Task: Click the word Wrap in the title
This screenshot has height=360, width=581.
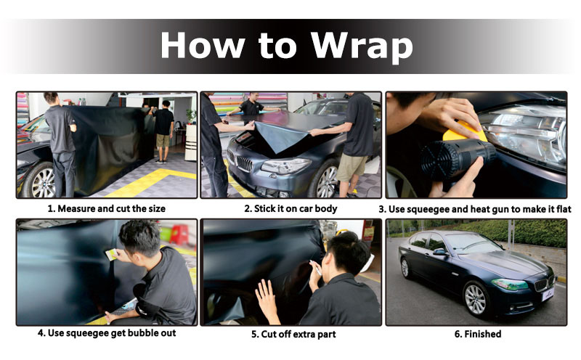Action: click(362, 46)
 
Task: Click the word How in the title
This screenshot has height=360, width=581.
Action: click(203, 45)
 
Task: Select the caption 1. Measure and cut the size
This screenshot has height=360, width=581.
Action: click(106, 208)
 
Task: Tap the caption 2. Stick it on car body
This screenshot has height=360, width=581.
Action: click(290, 208)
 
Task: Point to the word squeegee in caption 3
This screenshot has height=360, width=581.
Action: click(427, 210)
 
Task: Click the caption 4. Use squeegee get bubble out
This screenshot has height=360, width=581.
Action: click(107, 333)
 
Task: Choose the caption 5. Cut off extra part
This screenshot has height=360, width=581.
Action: click(293, 334)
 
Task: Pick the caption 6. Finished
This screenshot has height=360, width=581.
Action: click(478, 334)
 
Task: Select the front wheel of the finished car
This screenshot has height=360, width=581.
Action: click(476, 299)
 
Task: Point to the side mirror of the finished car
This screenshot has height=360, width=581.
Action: click(440, 252)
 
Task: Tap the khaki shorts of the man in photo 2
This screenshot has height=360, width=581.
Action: click(352, 167)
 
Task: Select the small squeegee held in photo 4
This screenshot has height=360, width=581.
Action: click(111, 255)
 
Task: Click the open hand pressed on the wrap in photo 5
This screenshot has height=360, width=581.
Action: click(267, 298)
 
